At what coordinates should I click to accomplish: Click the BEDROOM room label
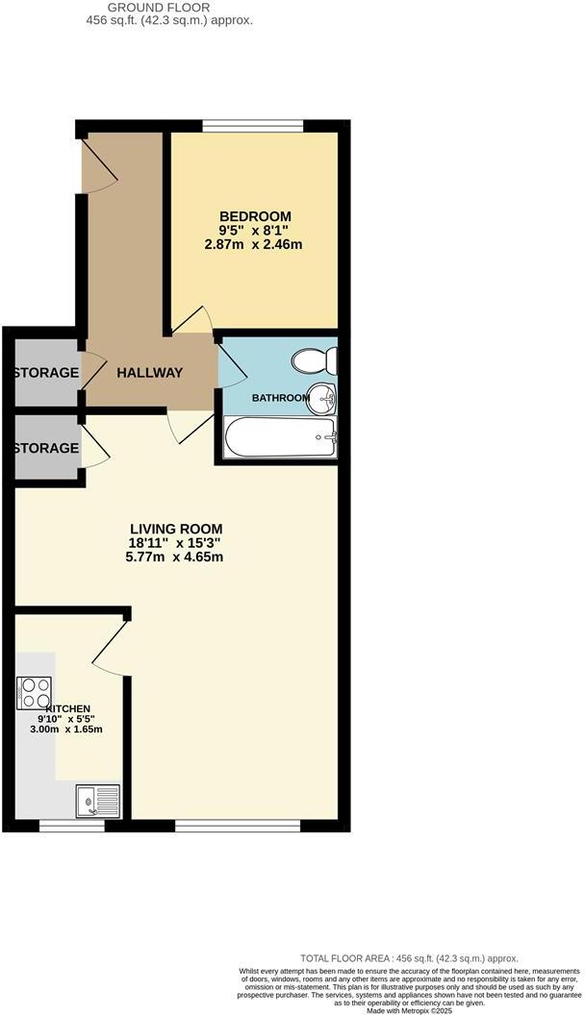(254, 216)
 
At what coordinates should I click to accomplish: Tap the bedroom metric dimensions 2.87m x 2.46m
(254, 244)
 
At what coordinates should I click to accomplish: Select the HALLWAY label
(149, 373)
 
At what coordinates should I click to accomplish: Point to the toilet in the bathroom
(317, 361)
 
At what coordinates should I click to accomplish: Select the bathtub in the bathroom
(280, 439)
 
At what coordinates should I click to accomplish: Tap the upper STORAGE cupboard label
(45, 373)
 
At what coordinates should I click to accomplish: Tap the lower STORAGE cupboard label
(45, 448)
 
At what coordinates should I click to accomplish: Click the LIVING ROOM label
(176, 529)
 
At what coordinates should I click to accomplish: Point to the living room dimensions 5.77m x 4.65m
(176, 557)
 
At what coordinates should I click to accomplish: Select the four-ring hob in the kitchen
(34, 692)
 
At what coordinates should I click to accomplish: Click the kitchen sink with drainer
(98, 798)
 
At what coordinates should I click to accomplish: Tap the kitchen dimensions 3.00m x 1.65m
(65, 730)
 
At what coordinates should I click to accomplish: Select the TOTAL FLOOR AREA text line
(409, 958)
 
